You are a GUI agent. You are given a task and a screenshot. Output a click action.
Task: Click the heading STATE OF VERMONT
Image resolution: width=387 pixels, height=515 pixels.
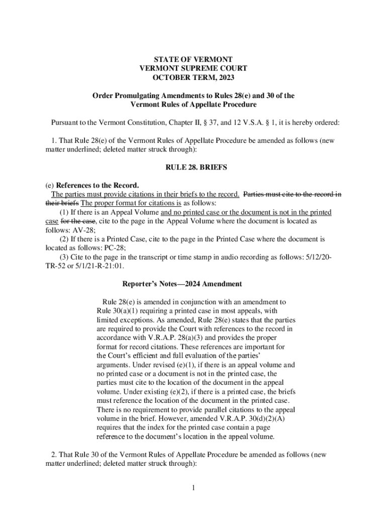tap(193, 59)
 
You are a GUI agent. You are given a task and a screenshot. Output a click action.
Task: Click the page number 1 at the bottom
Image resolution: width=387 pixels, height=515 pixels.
tap(193, 487)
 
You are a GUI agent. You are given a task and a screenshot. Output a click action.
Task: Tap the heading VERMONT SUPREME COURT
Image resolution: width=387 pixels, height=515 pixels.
tap(193, 68)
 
